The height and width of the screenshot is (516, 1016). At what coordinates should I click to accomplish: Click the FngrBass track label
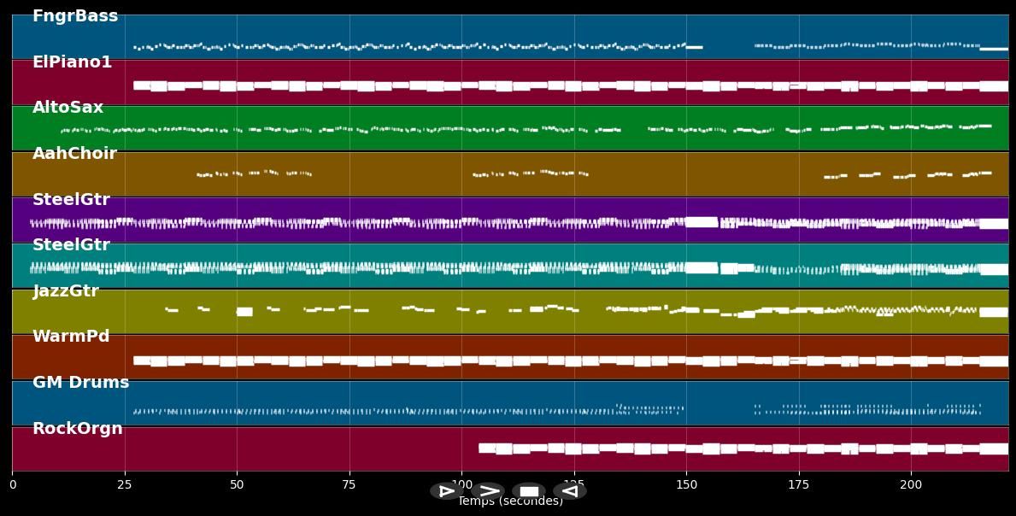coord(75,16)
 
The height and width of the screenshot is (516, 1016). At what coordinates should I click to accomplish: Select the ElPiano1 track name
coord(72,62)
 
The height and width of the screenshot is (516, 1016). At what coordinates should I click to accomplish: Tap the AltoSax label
coord(68,108)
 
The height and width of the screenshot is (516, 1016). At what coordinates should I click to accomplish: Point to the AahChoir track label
coord(74,154)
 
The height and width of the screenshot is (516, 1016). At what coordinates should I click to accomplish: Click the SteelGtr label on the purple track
coord(71,200)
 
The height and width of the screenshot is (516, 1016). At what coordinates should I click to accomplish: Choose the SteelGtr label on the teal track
coord(71,245)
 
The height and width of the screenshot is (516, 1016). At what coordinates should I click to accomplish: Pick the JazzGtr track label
coord(66,291)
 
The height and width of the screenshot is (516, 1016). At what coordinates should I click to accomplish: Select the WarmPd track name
coord(71,337)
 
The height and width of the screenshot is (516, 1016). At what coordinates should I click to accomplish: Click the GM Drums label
coord(80,383)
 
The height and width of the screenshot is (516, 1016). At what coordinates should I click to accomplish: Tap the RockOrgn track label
coord(77,429)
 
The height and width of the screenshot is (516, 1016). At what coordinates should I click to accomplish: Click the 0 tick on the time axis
coord(12,484)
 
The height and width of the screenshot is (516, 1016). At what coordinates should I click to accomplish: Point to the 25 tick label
coord(125,484)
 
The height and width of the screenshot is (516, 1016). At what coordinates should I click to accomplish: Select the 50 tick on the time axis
coord(237,484)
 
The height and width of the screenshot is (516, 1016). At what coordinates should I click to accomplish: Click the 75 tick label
coord(349,484)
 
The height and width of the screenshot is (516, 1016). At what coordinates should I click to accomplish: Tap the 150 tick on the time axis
coord(686,484)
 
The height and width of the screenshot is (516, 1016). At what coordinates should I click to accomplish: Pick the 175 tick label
coord(799,484)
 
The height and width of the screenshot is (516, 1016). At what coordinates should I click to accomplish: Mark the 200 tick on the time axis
coord(911,484)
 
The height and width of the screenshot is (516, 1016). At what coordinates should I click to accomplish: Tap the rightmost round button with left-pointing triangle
coord(569,491)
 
